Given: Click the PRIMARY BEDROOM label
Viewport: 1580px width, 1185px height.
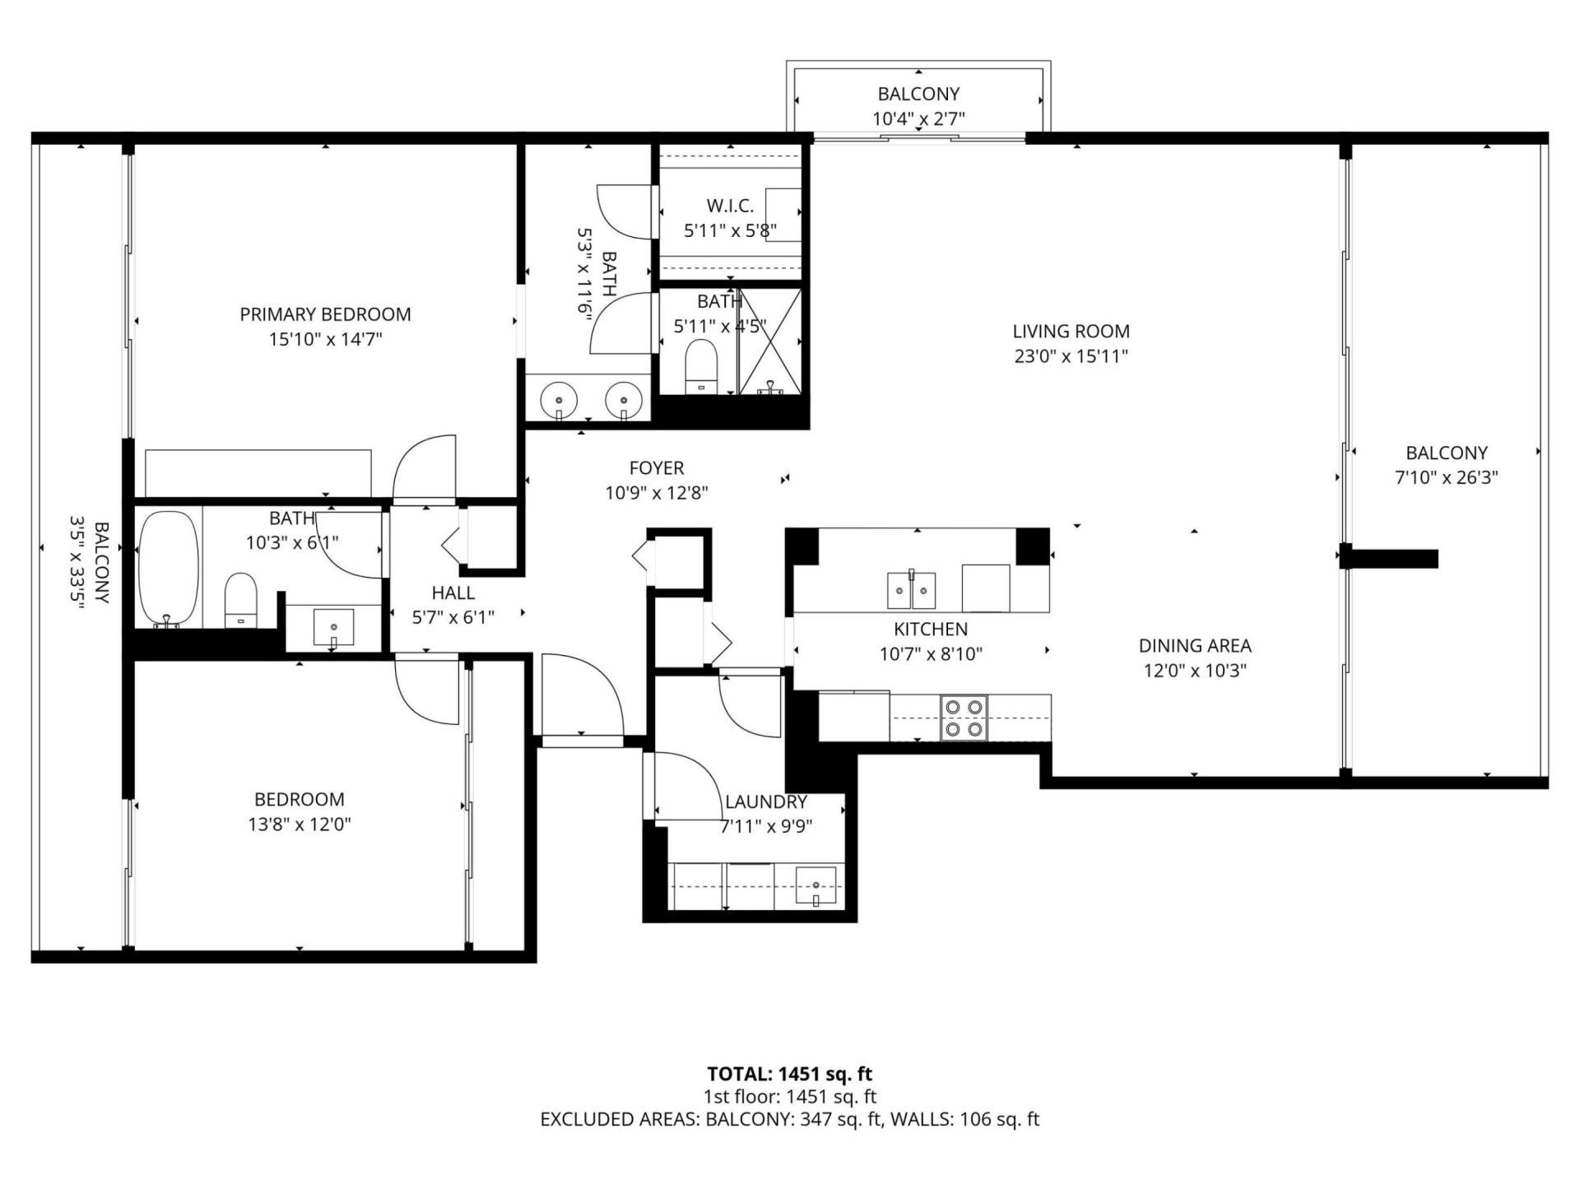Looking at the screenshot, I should (x=325, y=314).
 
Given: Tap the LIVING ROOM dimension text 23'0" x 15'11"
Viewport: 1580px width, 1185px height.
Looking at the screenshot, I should (x=1071, y=356).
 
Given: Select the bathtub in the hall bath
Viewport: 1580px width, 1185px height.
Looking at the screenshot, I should (x=169, y=569).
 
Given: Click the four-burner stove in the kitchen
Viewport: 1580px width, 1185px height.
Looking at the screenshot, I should (x=964, y=718).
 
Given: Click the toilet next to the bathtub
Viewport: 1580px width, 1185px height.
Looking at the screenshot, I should (x=241, y=600).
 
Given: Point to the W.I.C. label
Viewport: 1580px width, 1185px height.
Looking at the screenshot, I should (x=730, y=206).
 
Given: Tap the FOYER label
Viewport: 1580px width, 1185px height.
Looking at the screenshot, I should (x=656, y=468).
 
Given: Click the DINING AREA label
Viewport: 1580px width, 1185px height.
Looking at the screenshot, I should (x=1195, y=646).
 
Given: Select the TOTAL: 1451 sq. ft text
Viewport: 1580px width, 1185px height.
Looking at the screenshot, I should (x=789, y=1074).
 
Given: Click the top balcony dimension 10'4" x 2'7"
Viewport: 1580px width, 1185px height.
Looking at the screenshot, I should (x=918, y=119).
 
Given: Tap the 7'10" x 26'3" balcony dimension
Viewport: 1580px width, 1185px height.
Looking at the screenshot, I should (x=1446, y=477).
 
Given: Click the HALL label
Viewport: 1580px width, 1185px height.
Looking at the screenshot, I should (x=453, y=592).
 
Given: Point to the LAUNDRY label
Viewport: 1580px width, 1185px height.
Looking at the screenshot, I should (x=765, y=802).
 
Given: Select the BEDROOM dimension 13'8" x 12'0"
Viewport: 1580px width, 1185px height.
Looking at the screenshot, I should (x=300, y=824).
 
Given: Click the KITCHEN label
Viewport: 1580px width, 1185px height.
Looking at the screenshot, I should (x=930, y=630).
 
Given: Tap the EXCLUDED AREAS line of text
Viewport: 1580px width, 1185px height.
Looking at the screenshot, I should (x=789, y=1119).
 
